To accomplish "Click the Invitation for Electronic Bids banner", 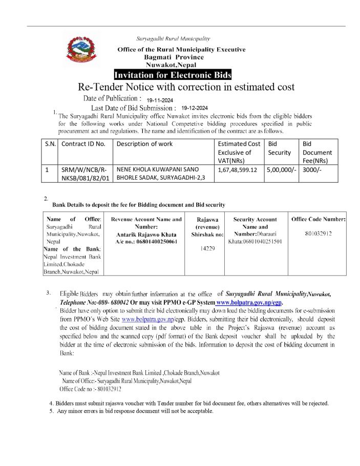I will coord(173,76).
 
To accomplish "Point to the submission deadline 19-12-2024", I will coord(195,109).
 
